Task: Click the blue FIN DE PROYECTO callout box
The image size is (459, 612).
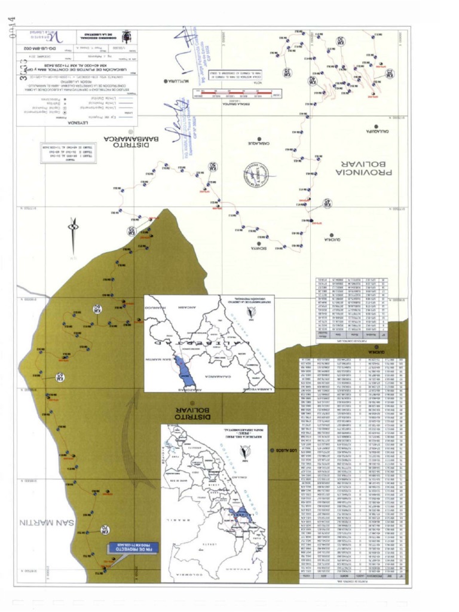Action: (x=133, y=547)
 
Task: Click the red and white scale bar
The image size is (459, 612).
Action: (x=237, y=93)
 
